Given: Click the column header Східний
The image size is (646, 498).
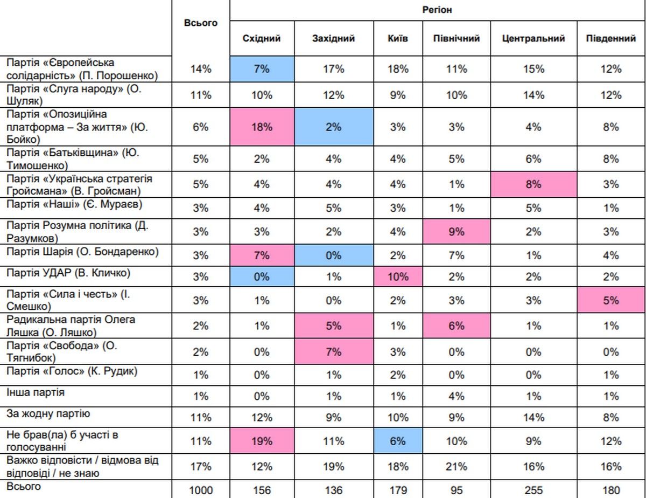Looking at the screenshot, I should point(262,39).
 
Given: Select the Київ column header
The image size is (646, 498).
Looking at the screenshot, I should point(398,39).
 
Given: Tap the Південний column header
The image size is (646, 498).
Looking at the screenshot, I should point(611,39).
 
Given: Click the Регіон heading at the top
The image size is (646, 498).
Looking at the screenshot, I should point(437,10).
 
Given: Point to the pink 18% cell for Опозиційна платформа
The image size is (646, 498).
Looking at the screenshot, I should point(262,127).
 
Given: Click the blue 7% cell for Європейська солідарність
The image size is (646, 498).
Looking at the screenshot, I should point(262,68).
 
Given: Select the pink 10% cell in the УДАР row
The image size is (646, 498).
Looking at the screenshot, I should point(398,278).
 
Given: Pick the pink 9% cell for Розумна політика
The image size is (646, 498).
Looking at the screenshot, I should point(457,231).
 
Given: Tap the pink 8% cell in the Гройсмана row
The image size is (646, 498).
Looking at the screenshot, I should point(533,184).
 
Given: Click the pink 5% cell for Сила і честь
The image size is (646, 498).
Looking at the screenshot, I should point(611,301).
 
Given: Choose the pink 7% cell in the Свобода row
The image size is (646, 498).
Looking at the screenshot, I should point(334,352).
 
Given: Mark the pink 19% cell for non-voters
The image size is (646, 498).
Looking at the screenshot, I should point(262,441).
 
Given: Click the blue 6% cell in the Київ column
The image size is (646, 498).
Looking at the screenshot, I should point(398,441).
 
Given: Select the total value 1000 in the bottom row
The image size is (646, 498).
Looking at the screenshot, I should point(200,490).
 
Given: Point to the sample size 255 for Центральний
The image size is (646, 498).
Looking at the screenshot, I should point(533,490).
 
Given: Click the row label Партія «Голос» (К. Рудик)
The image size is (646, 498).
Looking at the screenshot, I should point(72,371).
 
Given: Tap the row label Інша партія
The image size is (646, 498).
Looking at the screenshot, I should point(36,392).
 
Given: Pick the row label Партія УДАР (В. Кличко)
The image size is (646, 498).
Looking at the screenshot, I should point(68,273).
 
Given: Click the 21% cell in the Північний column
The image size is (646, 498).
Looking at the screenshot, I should point(457,466).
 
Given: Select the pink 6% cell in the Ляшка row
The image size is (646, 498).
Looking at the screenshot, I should point(457,326).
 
